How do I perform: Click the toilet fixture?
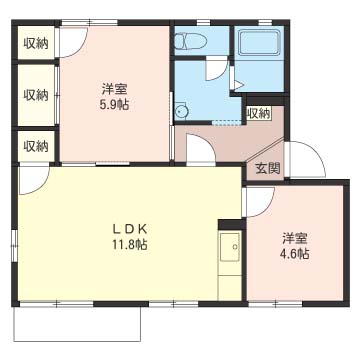189,41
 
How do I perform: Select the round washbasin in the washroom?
180,112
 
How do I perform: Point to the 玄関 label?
266,169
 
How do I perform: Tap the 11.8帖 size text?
130,243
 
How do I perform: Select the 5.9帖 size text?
114,104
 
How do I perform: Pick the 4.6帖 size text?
294,254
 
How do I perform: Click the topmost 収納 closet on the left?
36,43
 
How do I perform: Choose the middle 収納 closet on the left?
36,94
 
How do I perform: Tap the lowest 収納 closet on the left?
36,145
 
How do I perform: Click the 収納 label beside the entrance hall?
258,113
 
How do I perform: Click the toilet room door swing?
214,70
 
